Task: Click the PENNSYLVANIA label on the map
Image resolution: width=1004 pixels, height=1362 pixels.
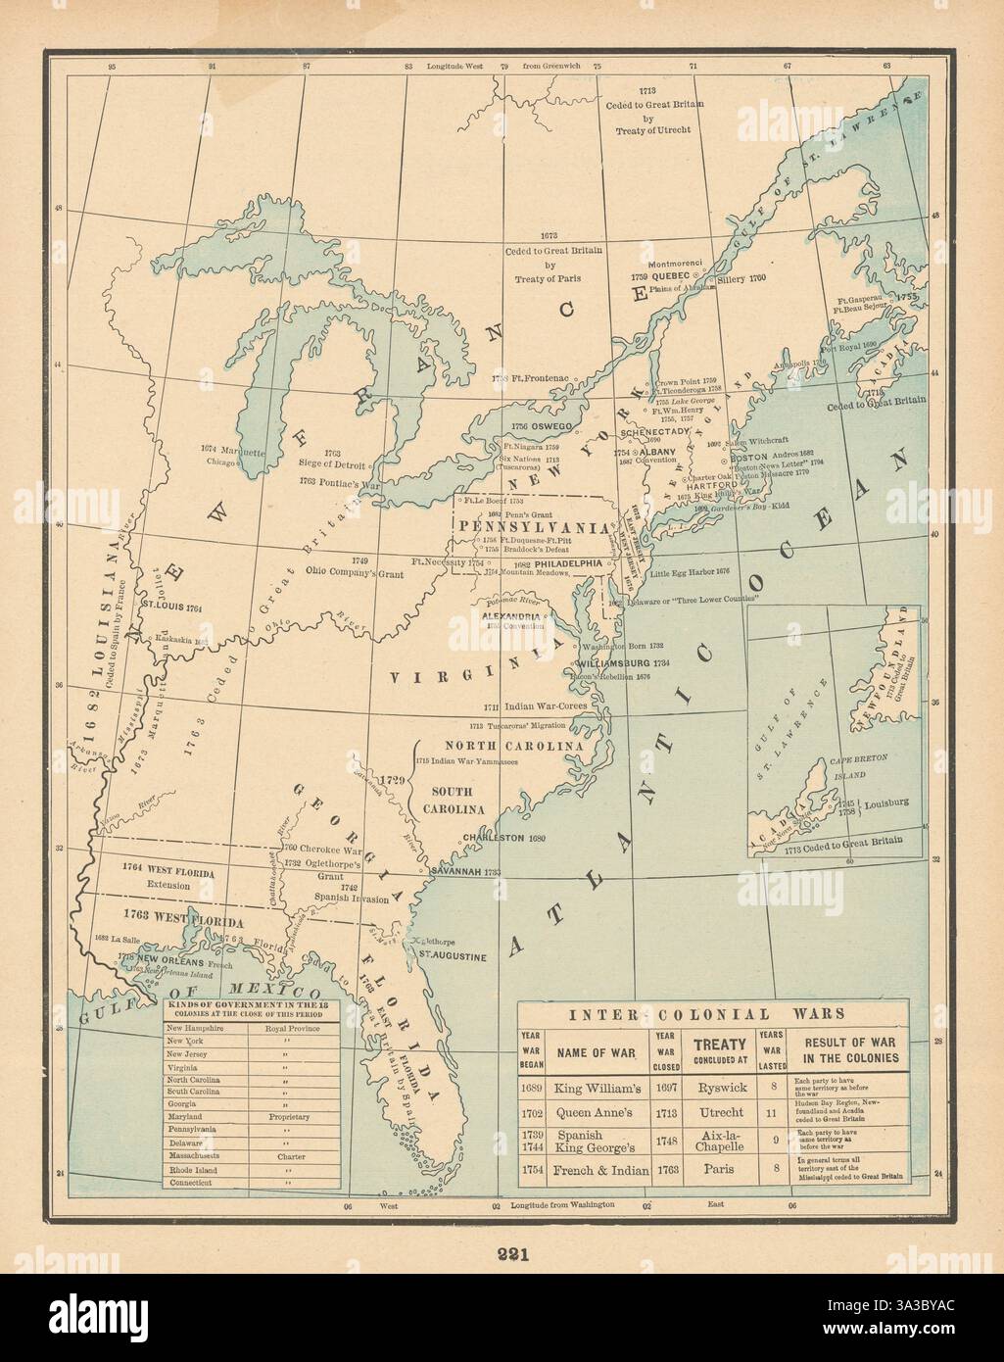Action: [x=530, y=526]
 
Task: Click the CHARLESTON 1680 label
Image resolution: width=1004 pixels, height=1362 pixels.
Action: [x=502, y=839]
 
